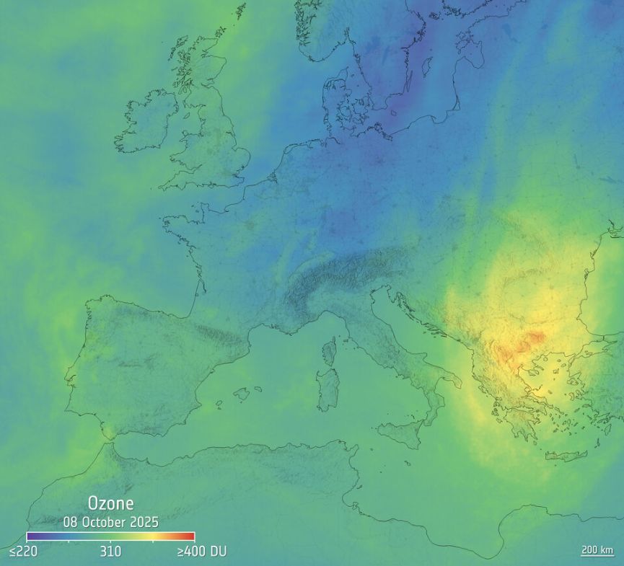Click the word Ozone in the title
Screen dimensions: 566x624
coord(110,503)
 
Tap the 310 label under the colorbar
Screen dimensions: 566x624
coord(110,552)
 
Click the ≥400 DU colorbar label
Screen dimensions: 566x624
coord(201,552)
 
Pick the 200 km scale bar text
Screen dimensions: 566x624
coord(597,550)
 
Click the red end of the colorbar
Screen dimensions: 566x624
coord(190,536)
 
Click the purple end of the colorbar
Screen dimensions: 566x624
coord(30,536)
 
